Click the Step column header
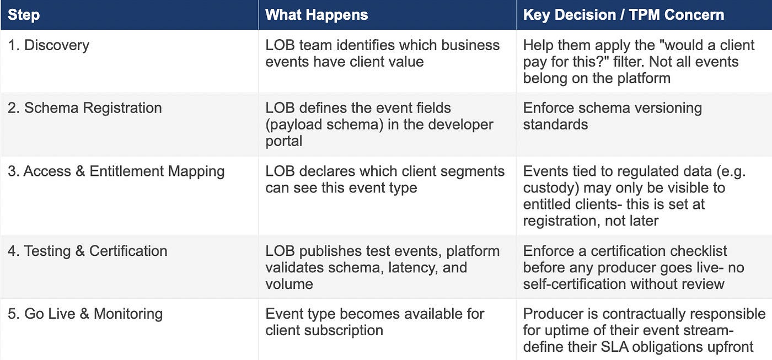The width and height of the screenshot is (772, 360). point(24,15)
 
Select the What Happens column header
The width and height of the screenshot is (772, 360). point(317,15)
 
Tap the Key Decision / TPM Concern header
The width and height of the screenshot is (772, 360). point(624,15)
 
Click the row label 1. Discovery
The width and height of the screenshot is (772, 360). point(49,45)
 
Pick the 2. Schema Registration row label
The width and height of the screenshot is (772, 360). point(85,108)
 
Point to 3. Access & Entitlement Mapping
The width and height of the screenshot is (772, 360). point(116,171)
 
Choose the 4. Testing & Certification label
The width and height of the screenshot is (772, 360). point(88,251)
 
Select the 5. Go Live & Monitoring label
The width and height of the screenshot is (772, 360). point(85,314)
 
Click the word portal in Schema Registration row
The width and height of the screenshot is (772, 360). point(283,141)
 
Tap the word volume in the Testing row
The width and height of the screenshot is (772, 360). point(289,284)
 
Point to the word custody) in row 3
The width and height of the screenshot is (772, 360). point(551,188)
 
